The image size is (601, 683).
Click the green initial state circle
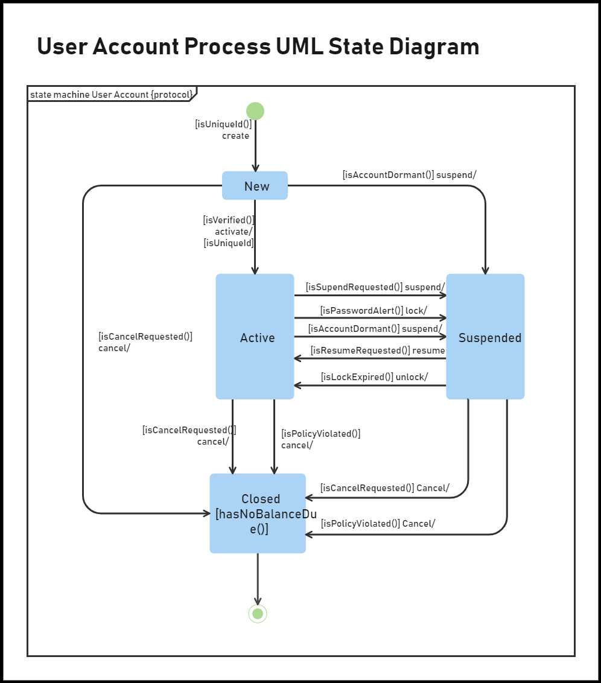coord(255,111)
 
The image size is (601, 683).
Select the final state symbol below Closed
coord(258,614)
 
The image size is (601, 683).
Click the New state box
coord(255,186)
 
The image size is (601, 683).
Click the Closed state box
coord(258,513)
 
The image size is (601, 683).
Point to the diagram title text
coord(258,46)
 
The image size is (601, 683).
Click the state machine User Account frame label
coord(112,94)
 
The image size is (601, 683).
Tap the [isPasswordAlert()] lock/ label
coord(374,310)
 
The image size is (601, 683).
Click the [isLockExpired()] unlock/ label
coord(374,377)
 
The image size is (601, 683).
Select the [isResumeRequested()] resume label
coord(378,351)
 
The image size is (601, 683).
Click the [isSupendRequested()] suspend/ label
coord(375,287)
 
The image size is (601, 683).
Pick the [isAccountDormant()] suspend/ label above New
coord(409,175)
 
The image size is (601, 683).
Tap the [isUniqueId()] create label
coord(223,130)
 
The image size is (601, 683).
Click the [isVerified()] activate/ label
coord(229,231)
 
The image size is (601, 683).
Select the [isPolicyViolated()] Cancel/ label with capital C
coord(378,524)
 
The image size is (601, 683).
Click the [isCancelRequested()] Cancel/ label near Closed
coord(384,488)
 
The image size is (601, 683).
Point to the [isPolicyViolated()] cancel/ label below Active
coord(320,439)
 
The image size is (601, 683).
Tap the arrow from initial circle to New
coord(255,148)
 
